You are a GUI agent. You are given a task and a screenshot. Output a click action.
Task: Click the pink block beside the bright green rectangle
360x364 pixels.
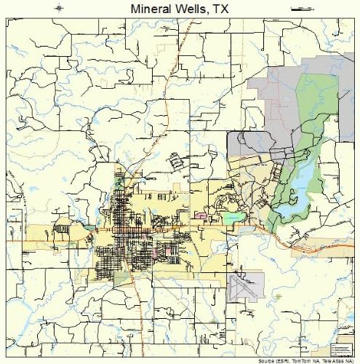point(201,216)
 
